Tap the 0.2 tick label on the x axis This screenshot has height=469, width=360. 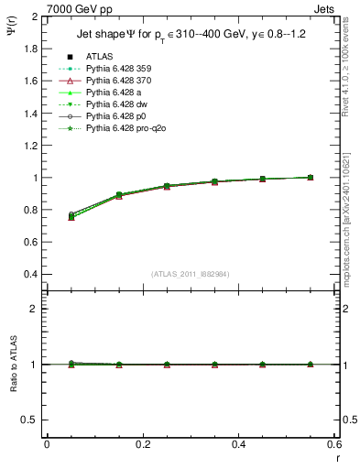pos(142,444)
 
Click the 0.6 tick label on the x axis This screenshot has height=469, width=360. pos(333,444)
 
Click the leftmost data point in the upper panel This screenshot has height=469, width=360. pos(71,215)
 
